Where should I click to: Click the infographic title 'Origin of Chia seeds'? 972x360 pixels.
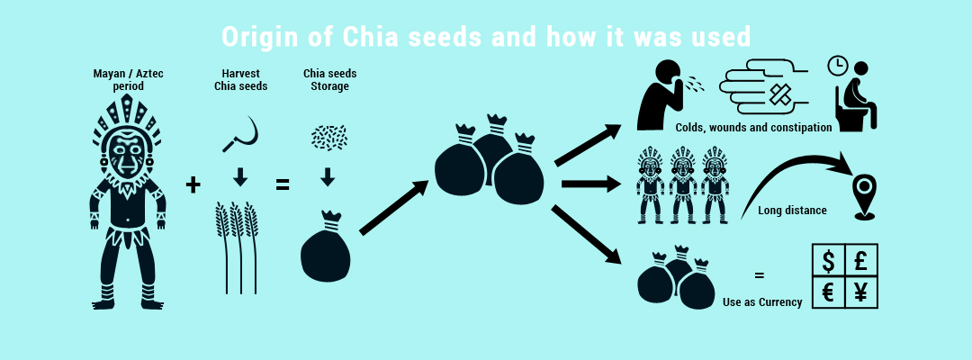click(x=486, y=37)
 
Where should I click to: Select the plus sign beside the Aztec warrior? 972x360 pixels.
click(x=193, y=185)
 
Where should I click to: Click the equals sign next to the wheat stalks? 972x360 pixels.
click(x=282, y=185)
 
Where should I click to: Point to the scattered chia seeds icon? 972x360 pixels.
click(x=328, y=136)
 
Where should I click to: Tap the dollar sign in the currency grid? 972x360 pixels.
click(x=828, y=263)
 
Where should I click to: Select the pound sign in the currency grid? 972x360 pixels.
click(x=860, y=262)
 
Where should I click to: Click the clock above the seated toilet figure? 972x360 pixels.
click(x=838, y=66)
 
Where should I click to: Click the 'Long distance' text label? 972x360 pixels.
click(x=792, y=211)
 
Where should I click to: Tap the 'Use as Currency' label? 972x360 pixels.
click(x=762, y=302)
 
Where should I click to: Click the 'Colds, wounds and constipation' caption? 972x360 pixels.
click(x=753, y=128)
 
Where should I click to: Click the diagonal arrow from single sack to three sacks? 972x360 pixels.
click(x=393, y=208)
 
